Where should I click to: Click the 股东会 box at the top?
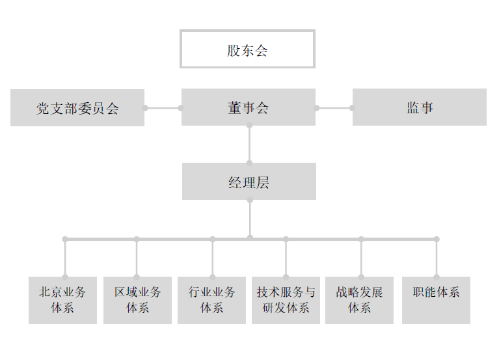tap(247, 49)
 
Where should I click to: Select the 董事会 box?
tap(248, 107)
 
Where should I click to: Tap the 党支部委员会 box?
tap(77, 107)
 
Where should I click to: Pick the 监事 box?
tap(420, 107)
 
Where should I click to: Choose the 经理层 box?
tap(249, 182)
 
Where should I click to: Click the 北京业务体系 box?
tap(62, 300)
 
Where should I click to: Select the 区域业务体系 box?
tap(137, 300)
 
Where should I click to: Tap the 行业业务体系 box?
tap(212, 300)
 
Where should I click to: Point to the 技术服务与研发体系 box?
tap(286, 300)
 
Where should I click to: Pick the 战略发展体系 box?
tap(360, 300)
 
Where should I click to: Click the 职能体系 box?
tap(436, 300)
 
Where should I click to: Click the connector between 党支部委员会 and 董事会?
tap(163, 108)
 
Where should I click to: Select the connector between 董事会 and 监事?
tap(334, 108)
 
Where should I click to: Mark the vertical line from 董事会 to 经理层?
tap(249, 144)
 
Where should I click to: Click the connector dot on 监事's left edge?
tap(353, 108)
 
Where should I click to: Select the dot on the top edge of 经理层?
tap(249, 163)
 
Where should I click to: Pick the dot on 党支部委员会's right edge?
tap(146, 108)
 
